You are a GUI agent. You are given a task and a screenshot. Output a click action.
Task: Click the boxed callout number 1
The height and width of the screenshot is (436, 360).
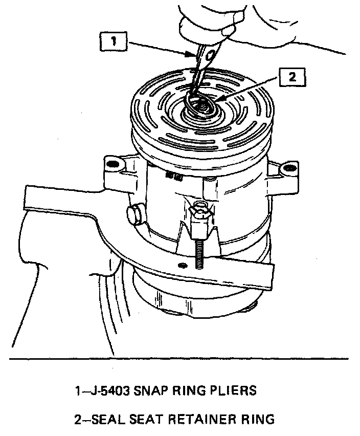[x=114, y=41]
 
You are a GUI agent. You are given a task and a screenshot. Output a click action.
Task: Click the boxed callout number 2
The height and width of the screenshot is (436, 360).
[x=292, y=77]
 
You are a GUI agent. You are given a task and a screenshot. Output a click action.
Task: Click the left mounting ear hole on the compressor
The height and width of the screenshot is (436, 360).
[x=112, y=164]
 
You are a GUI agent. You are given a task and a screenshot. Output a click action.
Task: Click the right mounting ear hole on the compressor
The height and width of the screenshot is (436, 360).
[x=289, y=168]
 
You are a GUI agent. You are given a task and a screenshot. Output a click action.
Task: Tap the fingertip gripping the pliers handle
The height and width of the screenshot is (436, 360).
[x=229, y=30]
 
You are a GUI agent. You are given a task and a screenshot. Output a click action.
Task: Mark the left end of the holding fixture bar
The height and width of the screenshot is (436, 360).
[x=26, y=197]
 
